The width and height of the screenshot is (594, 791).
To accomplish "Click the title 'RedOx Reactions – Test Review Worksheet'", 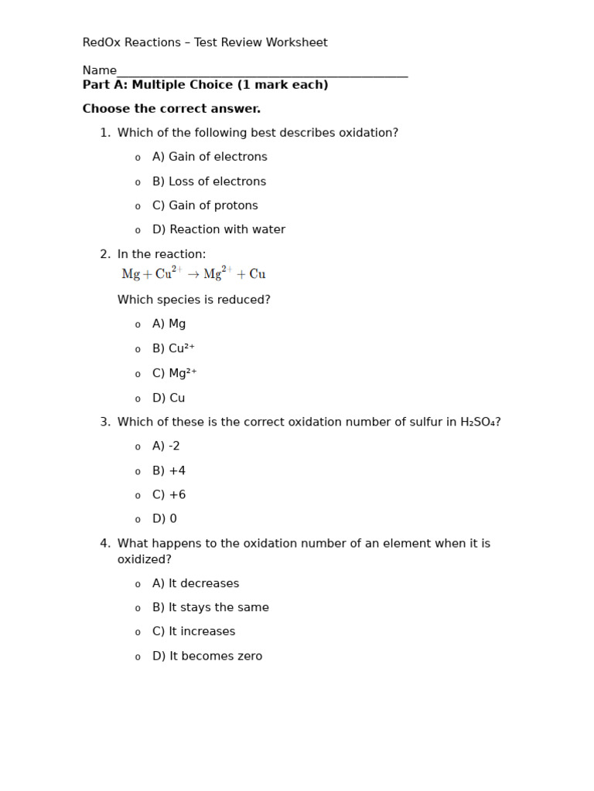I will point(205,42).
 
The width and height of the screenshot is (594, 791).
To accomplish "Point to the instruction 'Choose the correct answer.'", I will point(172,109).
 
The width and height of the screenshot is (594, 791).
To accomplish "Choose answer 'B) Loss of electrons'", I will point(209,182).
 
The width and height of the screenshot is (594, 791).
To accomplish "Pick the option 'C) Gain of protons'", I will point(205,205).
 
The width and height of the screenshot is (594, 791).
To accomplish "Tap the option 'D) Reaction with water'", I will point(219,229).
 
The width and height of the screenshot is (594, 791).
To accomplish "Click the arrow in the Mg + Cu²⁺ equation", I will point(193,274).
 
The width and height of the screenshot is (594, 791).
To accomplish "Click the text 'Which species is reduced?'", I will point(194,300).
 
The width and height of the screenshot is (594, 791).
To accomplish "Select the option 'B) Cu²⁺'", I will point(173,348).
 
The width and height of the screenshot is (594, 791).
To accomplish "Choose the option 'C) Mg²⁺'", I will point(175,373).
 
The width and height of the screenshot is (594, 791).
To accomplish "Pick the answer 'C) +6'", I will point(169,495).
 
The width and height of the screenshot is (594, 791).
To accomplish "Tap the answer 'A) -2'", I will point(166,446).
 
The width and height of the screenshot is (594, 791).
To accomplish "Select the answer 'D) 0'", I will point(165,519).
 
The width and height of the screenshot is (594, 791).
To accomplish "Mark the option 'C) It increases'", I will point(193,632).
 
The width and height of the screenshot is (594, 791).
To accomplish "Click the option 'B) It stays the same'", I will point(210,608).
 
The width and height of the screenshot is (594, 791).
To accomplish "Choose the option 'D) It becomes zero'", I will point(207,657).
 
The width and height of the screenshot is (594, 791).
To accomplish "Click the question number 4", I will point(104,544).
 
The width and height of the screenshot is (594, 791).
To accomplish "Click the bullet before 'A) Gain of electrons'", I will point(138,158).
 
